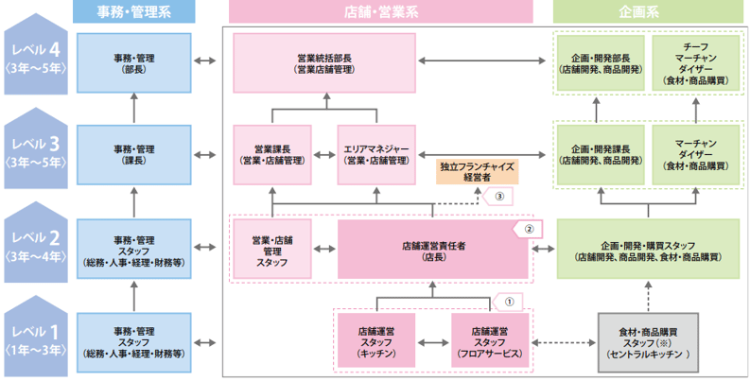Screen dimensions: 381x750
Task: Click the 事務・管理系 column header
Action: tap(133, 12)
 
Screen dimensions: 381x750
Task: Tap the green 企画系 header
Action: tap(647, 12)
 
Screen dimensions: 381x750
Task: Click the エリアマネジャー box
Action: tap(377, 154)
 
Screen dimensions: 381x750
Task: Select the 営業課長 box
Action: tap(271, 154)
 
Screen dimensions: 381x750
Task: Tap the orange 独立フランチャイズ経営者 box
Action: tap(478, 171)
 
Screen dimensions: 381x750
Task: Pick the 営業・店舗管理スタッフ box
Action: tap(271, 250)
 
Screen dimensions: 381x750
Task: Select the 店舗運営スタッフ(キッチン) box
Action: tap(375, 341)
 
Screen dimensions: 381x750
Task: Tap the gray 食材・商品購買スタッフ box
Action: tap(647, 341)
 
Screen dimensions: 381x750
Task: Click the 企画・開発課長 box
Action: tap(602, 154)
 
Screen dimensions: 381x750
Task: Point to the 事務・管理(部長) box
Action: tap(133, 62)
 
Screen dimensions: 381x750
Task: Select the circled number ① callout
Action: tap(508, 302)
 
